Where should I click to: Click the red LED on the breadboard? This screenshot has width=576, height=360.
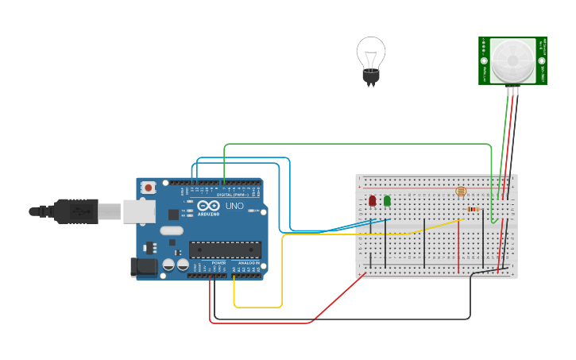point(372,200)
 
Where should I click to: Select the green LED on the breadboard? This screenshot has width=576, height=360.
point(387,200)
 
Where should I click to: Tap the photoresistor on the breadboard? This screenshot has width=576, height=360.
point(461,191)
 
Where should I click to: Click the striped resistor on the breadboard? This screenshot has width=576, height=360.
point(473,210)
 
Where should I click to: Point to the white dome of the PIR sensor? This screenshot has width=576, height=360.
point(512,60)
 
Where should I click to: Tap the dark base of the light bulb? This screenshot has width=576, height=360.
point(370,77)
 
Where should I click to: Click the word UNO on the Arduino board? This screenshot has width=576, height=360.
point(234,206)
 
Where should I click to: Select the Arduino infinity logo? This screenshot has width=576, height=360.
point(208,206)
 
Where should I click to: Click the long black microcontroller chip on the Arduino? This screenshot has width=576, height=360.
point(225,250)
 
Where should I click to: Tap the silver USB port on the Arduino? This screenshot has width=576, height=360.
point(139,211)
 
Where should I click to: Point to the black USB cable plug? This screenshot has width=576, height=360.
point(75,211)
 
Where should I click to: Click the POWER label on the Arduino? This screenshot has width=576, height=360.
point(218,263)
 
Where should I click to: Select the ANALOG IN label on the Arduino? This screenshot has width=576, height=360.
point(248,263)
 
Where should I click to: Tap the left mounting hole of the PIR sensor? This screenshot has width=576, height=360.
point(484,60)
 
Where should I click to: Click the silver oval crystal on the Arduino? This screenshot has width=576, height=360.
point(171,231)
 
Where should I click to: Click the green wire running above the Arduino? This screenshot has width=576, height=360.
point(358,145)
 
